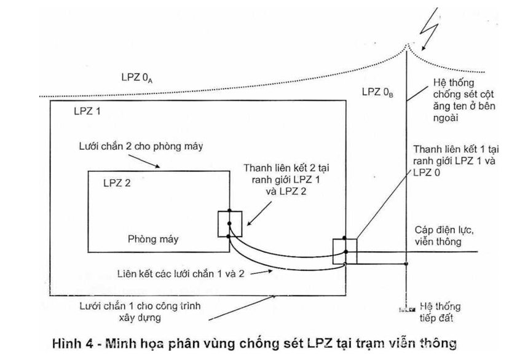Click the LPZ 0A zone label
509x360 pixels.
(140, 78)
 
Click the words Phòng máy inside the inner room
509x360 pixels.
(152, 238)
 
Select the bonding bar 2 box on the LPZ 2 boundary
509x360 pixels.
(230, 224)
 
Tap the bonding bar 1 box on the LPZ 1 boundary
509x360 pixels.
(345, 251)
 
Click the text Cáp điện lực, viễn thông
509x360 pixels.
(437, 235)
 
